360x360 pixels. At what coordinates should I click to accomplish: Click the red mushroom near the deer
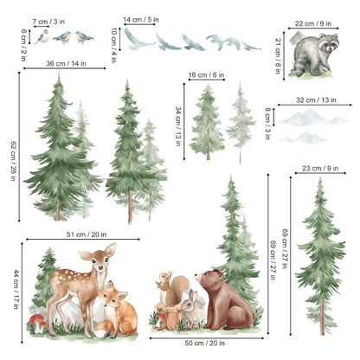pos(37,322)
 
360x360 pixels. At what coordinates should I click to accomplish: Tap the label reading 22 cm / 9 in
pos(315,23)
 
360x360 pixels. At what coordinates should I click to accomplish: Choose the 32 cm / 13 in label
pos(315,100)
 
